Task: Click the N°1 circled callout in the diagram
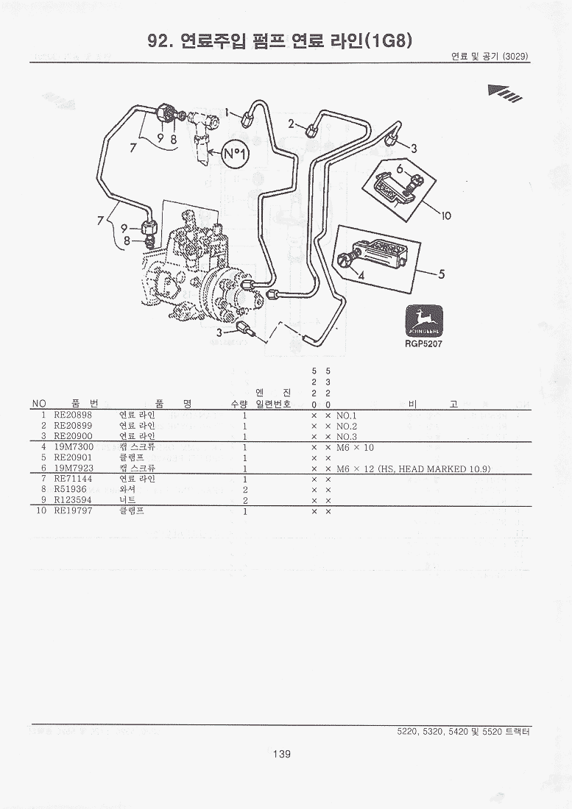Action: pyautogui.click(x=236, y=154)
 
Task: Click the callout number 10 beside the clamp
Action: pyautogui.click(x=445, y=215)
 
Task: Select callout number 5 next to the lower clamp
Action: pyautogui.click(x=442, y=274)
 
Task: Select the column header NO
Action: pyautogui.click(x=39, y=404)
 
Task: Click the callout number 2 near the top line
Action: pyautogui.click(x=292, y=123)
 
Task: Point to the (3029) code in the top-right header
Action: pyautogui.click(x=515, y=57)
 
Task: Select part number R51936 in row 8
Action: pyautogui.click(x=70, y=489)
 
